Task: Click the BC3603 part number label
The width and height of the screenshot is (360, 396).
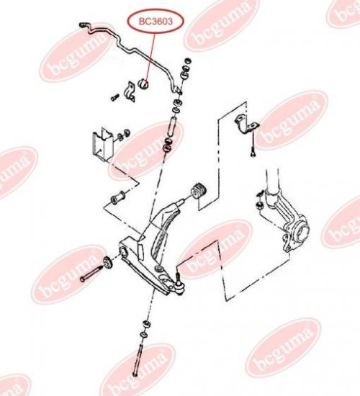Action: coord(156,22)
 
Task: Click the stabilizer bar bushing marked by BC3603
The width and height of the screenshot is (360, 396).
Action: coord(144,84)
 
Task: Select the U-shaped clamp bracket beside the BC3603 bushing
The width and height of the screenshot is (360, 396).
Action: coord(130,91)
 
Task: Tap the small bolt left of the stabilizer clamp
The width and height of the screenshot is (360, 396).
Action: coord(114,97)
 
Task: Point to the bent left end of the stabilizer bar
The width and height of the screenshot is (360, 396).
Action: coord(84,26)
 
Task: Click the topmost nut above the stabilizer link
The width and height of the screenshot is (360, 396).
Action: coord(187,61)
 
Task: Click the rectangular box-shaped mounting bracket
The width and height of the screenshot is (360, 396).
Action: coord(102,144)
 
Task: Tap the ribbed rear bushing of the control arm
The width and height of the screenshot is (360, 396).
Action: coord(199,192)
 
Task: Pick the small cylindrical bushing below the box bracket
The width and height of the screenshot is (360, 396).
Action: coord(118,198)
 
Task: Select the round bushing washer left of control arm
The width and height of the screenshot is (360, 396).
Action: coord(107,263)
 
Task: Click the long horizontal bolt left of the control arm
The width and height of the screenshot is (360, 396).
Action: coord(91,274)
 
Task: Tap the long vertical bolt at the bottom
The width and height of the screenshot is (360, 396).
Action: coord(138,359)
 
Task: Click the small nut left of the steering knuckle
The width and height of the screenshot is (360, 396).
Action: coord(259,204)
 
